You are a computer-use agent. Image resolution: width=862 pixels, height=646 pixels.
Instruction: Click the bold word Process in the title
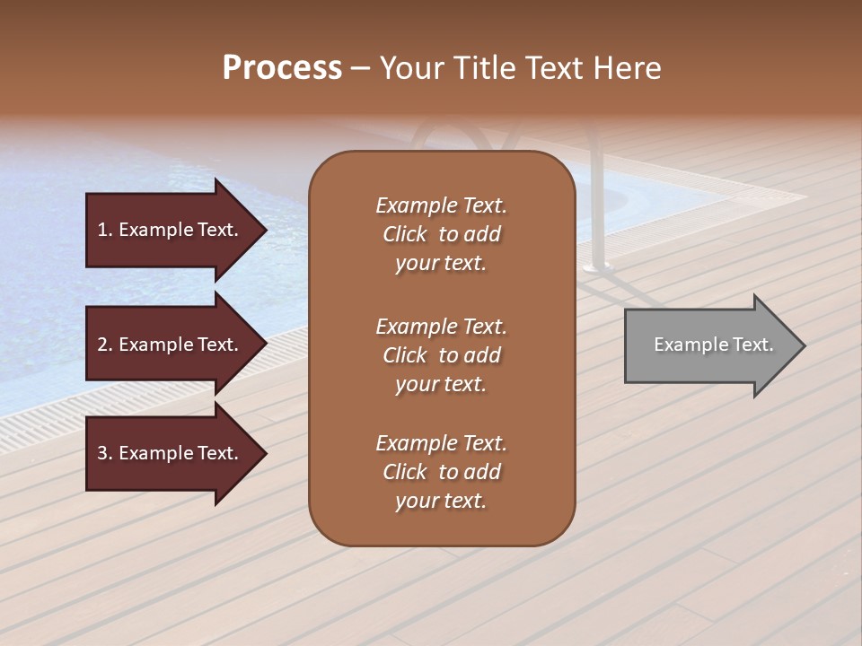pyautogui.click(x=282, y=68)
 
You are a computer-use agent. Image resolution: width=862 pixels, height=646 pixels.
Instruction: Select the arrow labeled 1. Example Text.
pyautogui.click(x=171, y=230)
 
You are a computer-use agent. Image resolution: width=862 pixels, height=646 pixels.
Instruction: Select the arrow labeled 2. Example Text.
pyautogui.click(x=171, y=345)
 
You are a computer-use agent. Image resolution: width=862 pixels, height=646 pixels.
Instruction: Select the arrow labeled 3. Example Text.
pyautogui.click(x=171, y=453)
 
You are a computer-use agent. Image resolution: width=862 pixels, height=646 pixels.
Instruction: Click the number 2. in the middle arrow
pyautogui.click(x=105, y=345)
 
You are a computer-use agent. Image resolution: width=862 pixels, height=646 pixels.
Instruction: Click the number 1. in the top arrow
pyautogui.click(x=105, y=230)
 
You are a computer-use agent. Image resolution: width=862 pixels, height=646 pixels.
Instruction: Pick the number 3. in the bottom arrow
pyautogui.click(x=105, y=453)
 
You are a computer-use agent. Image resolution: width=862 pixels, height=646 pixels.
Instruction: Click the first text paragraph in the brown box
pyautogui.click(x=441, y=234)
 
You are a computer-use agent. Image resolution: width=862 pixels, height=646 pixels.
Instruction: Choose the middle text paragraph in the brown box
pyautogui.click(x=441, y=355)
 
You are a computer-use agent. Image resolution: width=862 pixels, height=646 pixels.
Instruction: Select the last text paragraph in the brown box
pyautogui.click(x=441, y=472)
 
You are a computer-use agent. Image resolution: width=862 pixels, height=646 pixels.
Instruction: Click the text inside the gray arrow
pyautogui.click(x=713, y=345)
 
